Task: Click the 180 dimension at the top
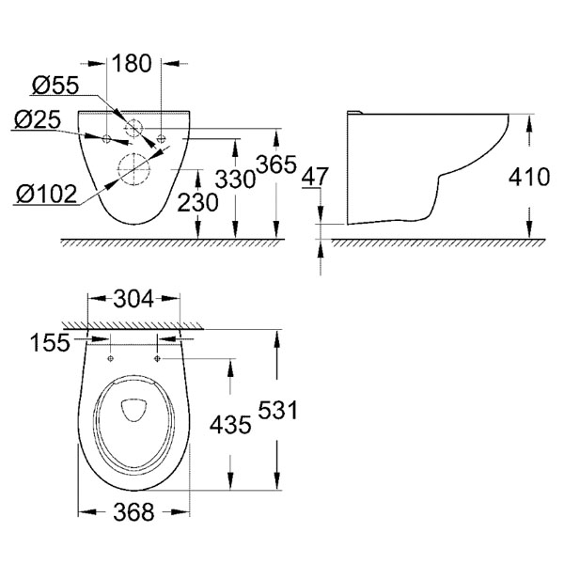click(x=132, y=63)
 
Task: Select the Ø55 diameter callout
click(x=55, y=86)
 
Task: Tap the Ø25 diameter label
click(x=38, y=119)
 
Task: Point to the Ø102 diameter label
click(x=47, y=194)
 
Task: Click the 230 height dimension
click(x=197, y=202)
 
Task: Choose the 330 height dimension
click(x=235, y=179)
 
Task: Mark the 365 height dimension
click(x=276, y=164)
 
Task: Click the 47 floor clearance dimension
click(x=315, y=177)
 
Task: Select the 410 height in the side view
click(x=529, y=177)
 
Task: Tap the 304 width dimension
click(x=133, y=299)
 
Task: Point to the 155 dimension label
click(x=50, y=342)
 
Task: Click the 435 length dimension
click(x=230, y=425)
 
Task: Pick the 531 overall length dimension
click(x=278, y=410)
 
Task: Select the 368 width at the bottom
click(x=133, y=512)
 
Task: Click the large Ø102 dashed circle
click(x=133, y=153)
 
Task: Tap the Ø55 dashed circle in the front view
click(x=133, y=119)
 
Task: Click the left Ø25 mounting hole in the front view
click(x=107, y=138)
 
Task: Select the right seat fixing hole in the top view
click(x=157, y=358)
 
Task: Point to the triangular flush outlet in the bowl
click(x=133, y=410)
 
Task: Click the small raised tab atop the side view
click(x=354, y=112)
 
